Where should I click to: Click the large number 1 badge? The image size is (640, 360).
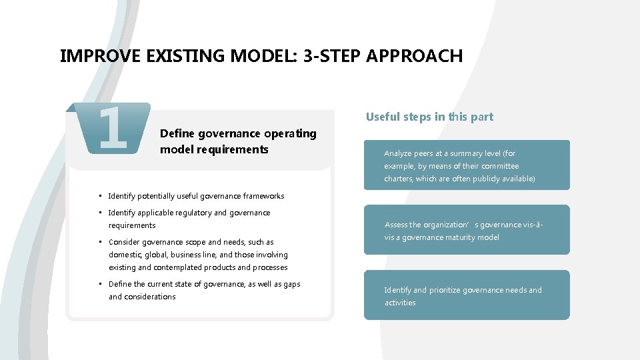pyautogui.click(x=111, y=127)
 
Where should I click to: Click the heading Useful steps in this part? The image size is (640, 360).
pyautogui.click(x=429, y=117)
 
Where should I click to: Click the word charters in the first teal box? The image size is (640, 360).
pyautogui.click(x=398, y=179)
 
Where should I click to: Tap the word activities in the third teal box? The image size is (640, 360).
pyautogui.click(x=399, y=303)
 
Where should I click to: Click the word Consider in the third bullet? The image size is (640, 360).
pyautogui.click(x=125, y=242)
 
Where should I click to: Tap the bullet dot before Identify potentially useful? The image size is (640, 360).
pyautogui.click(x=99, y=196)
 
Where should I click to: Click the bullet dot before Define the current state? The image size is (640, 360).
pyautogui.click(x=99, y=284)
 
